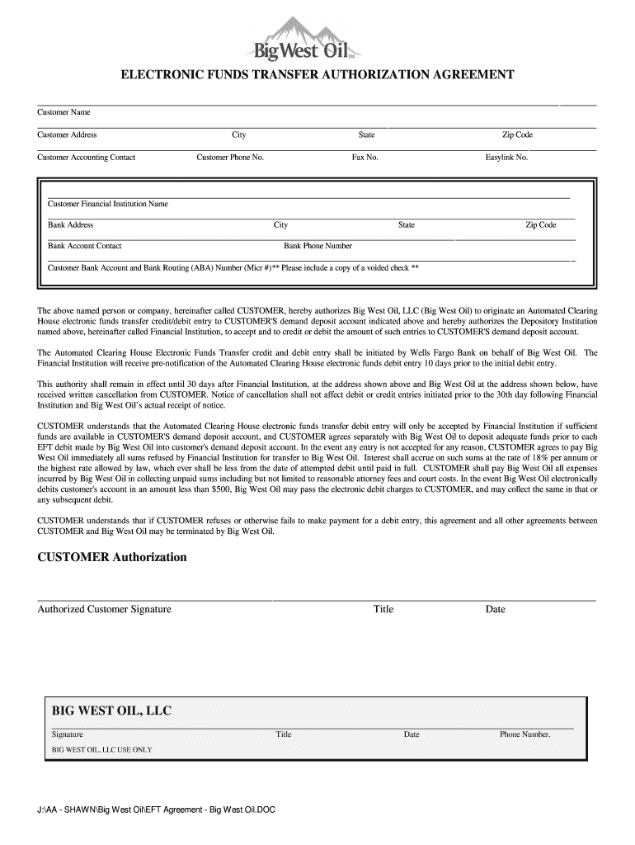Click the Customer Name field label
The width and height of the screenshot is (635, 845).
pos(63,112)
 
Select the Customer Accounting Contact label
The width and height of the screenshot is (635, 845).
pos(86,157)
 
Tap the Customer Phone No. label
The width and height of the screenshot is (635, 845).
pos(230,157)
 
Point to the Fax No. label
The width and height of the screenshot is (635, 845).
pos(365,157)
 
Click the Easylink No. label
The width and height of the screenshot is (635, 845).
pos(506,157)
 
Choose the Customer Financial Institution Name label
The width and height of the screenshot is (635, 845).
pos(107,204)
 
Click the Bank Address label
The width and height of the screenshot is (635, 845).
pos(70,224)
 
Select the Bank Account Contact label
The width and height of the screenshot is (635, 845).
pos(84,246)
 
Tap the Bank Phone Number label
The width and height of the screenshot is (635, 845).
pos(317,246)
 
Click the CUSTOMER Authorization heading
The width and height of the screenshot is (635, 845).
pos(112,557)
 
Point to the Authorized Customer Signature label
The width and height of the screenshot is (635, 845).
pos(104,609)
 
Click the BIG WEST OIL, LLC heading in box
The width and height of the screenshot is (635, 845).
pos(111,710)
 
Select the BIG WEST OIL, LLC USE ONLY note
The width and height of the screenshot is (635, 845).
pos(101,749)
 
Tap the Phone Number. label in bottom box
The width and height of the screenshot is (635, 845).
pos(524,734)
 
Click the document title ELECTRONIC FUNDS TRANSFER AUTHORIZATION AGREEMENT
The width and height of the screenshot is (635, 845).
pos(317,75)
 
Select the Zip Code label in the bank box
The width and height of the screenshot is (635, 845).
pos(541,224)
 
